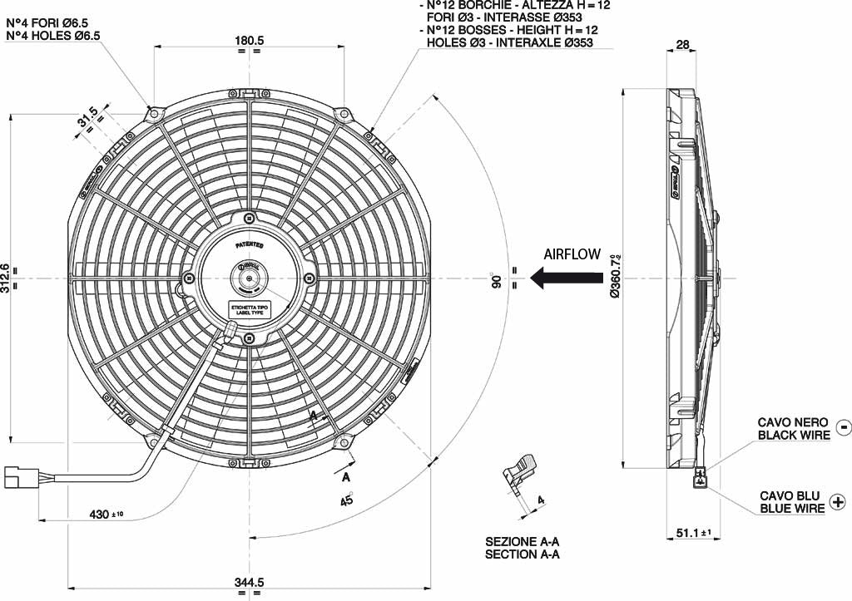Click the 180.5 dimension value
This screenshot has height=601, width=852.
click(249, 40)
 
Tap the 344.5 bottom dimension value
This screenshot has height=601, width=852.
click(249, 584)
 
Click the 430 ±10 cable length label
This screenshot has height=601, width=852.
click(106, 515)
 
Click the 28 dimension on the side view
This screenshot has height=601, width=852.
click(682, 46)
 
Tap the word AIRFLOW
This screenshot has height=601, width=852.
click(572, 254)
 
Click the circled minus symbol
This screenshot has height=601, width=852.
click(843, 427)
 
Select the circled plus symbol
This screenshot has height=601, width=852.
click(837, 502)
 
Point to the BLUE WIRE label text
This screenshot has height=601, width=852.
click(791, 508)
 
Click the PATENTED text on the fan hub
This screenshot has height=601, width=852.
click(249, 245)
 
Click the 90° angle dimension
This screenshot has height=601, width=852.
click(496, 279)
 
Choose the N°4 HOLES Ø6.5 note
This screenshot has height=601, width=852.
click(53, 36)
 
